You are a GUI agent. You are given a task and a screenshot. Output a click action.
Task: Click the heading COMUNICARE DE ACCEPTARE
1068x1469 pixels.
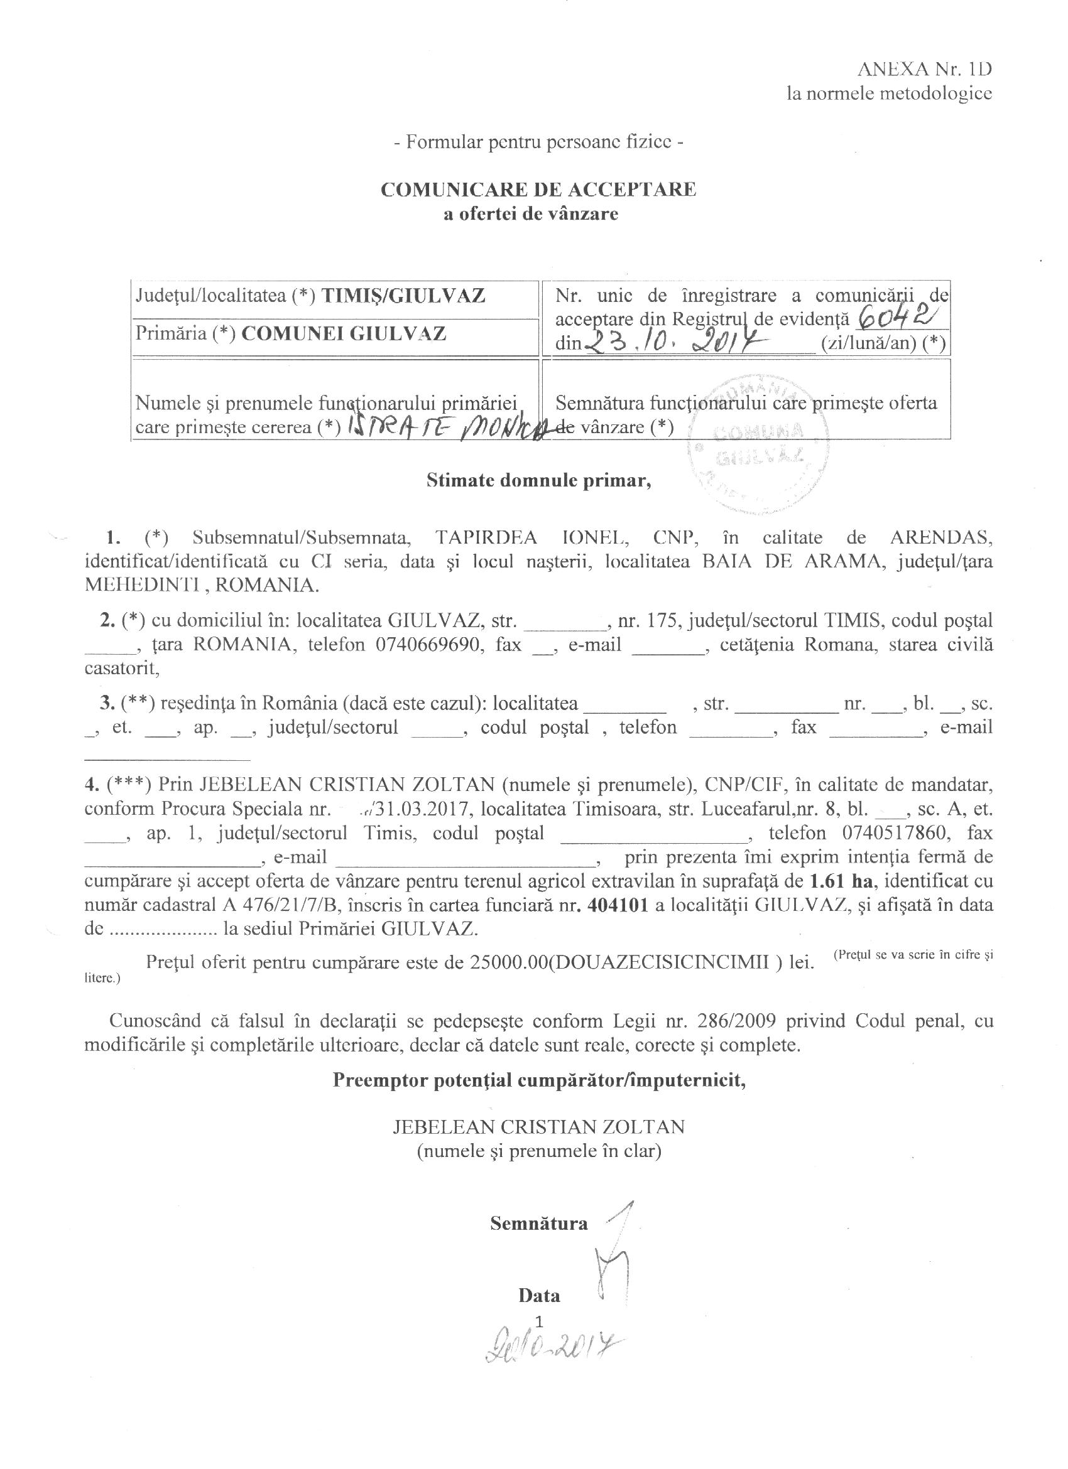click(x=538, y=189)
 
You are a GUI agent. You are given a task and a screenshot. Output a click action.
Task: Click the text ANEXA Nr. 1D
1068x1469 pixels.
click(x=925, y=69)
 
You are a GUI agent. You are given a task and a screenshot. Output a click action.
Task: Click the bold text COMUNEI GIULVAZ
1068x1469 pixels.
click(x=344, y=333)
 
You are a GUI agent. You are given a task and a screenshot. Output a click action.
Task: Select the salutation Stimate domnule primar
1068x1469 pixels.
click(x=538, y=481)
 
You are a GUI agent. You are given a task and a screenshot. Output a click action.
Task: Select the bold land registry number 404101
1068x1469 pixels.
click(x=617, y=905)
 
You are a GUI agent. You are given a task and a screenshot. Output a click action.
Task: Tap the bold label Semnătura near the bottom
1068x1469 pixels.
click(x=538, y=1223)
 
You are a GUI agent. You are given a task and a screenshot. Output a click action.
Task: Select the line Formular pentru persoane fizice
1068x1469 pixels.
click(x=538, y=142)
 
